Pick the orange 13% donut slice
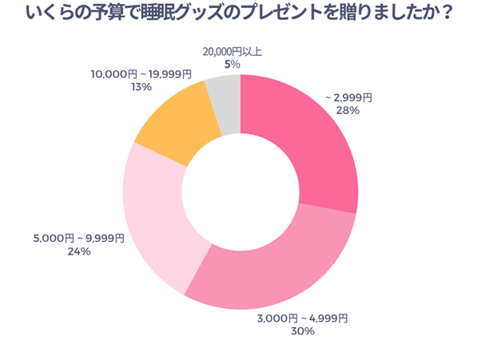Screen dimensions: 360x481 pyautogui.click(x=172, y=124)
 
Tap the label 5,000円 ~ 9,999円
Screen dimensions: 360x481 pyautogui.click(x=79, y=238)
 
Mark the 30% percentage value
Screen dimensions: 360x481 pyautogui.click(x=303, y=332)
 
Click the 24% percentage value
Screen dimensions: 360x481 pyautogui.click(x=79, y=251)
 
